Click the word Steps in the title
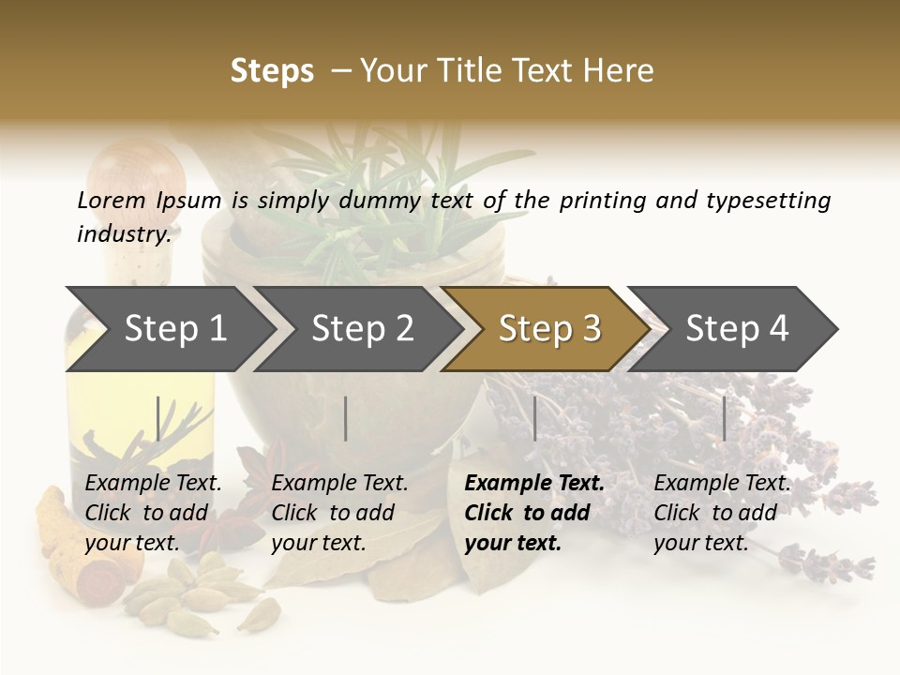[272, 71]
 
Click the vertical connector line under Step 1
[157, 418]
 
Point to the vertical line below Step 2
[346, 418]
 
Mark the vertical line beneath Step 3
[534, 418]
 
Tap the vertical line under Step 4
[724, 418]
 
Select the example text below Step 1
[152, 513]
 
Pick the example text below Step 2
[338, 513]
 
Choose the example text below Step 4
[721, 513]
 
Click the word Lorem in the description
[112, 200]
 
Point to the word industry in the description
[123, 234]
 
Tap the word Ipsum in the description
[189, 200]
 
